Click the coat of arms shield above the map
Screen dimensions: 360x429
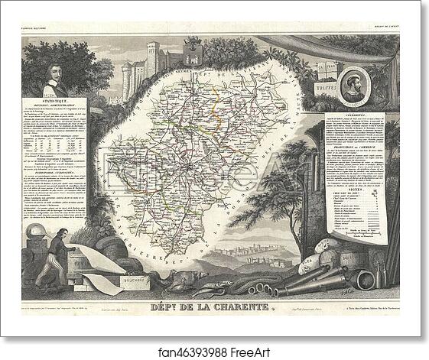pyautogui.click(x=194, y=55)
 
